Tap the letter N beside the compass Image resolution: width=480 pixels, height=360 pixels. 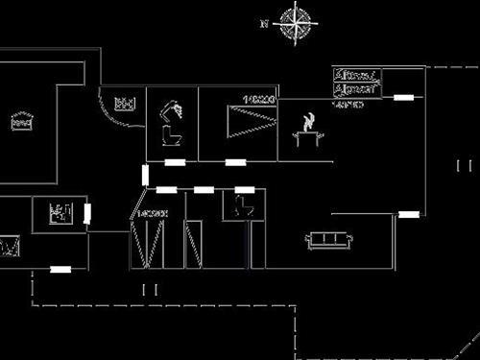265,23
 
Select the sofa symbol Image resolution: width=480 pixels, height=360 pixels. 328,239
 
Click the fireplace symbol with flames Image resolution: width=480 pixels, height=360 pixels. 308,130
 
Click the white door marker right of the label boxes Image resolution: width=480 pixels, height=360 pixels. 404,97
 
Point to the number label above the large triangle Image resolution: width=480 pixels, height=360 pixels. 259,100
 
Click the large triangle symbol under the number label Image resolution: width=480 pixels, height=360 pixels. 250,123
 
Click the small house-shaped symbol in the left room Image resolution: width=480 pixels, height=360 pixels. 22,121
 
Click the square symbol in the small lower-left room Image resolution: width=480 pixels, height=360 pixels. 60,211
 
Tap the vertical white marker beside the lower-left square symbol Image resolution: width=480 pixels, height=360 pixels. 87,213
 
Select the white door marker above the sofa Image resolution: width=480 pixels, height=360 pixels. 408,214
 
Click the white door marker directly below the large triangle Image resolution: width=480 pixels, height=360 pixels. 235,162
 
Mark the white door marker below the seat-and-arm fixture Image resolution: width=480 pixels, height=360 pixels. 175,162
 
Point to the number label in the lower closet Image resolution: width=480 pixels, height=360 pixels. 154,212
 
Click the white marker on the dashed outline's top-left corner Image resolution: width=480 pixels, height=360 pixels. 60,270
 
